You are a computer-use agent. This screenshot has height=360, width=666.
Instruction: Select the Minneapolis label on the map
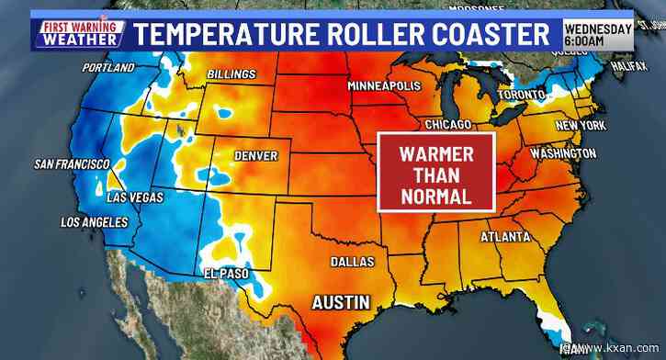point(384,85)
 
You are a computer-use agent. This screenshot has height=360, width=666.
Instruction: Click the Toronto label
point(520,96)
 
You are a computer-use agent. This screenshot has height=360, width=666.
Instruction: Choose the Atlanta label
point(504,238)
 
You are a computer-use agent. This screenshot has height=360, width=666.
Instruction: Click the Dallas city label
point(353,263)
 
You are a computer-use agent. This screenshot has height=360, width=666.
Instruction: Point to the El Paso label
point(222,273)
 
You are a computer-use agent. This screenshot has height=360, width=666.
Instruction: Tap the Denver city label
point(255,156)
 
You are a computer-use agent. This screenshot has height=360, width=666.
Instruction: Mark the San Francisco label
point(72,164)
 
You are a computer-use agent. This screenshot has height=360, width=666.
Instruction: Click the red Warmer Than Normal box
point(437,173)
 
